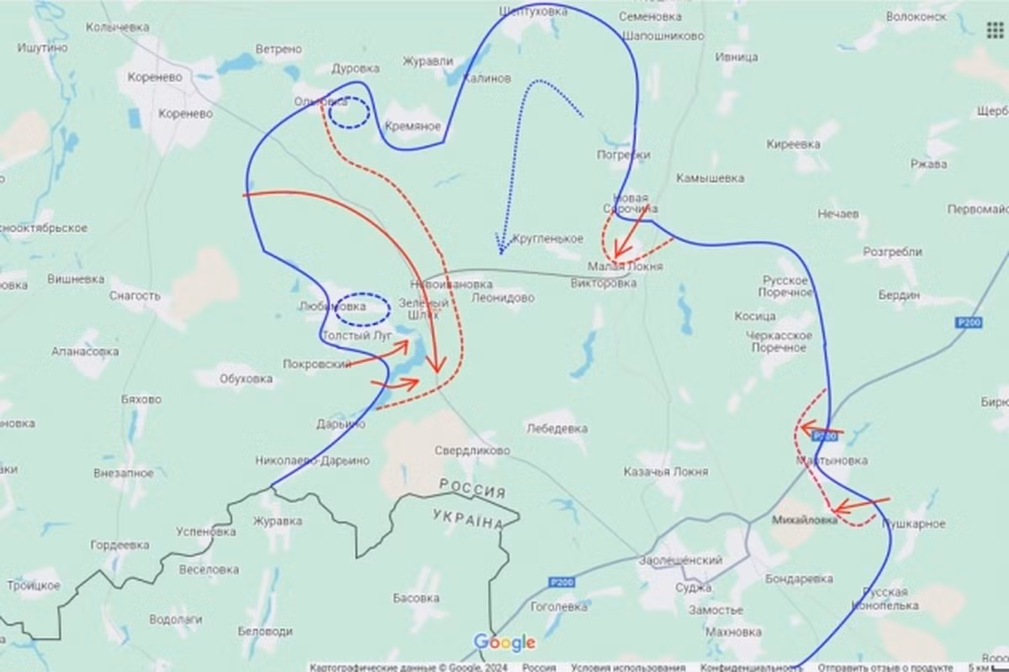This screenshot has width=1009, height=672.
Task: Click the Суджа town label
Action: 693,587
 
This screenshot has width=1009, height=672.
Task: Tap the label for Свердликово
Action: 472,451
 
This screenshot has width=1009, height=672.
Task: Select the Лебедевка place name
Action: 556,428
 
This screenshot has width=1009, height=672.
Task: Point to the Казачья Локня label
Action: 665,472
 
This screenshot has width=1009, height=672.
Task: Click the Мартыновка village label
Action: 832,461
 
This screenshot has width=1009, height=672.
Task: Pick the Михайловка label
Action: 805,520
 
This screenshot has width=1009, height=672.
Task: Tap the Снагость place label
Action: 135,296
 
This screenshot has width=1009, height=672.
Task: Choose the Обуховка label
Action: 246,379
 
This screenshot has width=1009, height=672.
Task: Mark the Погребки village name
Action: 623,155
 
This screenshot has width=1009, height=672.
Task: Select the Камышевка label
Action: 710,178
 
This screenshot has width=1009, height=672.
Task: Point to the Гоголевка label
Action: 559,606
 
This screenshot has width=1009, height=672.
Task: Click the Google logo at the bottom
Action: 504,643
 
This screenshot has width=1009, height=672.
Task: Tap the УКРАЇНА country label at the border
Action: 468,518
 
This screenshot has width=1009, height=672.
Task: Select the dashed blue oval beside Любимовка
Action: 362,308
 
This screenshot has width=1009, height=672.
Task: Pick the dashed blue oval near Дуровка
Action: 347,113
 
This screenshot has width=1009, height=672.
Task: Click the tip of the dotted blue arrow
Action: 500,251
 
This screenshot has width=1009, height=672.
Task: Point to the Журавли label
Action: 428,61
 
